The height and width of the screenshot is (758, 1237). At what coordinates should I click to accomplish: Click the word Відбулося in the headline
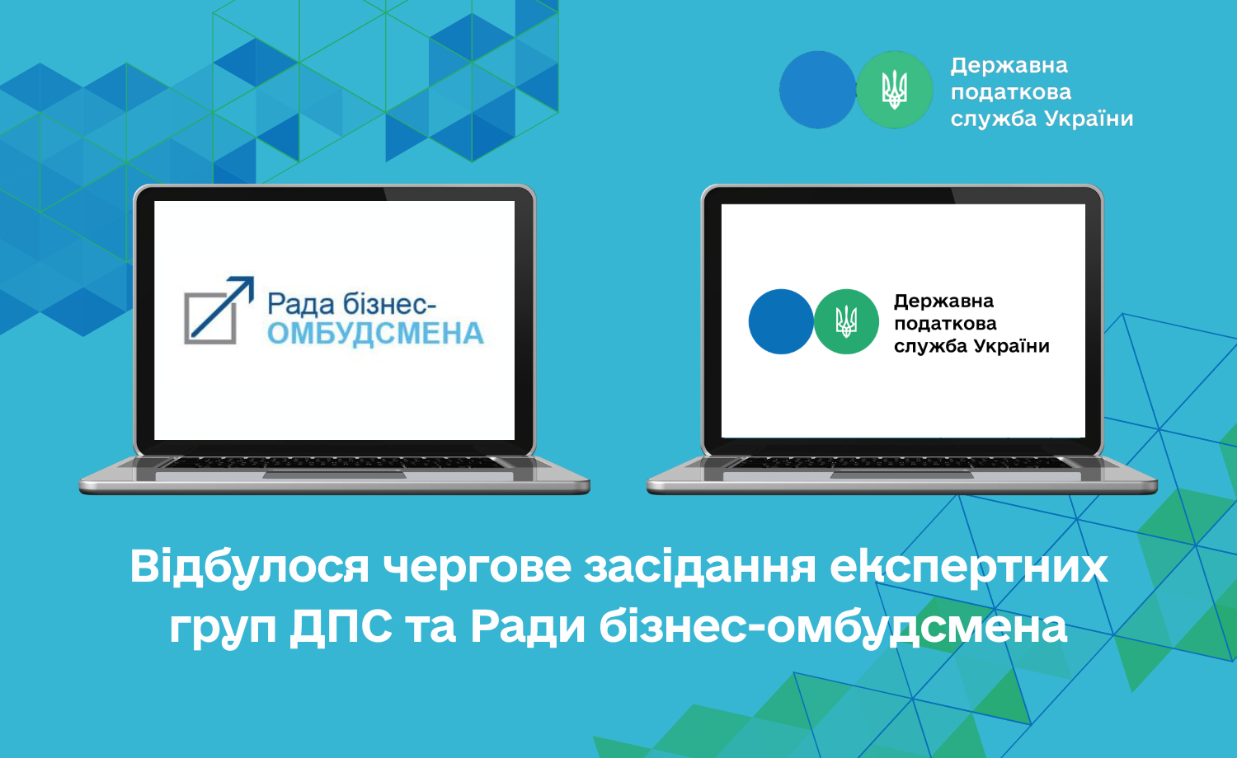pos(249,568)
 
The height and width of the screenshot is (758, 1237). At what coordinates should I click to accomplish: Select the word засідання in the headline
pos(700,568)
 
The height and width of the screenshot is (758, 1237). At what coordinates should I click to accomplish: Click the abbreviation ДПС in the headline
pos(341,628)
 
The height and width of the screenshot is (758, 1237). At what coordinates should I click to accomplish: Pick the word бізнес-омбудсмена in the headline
pos(833,628)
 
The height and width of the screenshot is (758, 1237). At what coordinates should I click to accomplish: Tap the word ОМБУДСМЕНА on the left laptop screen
pos(375,335)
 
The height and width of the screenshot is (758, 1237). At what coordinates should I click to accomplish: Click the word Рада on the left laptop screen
pos(301,304)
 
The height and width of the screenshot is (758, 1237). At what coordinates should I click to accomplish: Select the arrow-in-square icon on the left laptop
pos(219,310)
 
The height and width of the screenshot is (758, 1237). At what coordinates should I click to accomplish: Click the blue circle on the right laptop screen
pos(781,321)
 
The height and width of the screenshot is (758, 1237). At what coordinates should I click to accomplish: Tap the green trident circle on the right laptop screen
pos(846,321)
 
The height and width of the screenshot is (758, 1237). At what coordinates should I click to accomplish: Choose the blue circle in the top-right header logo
pos(817,90)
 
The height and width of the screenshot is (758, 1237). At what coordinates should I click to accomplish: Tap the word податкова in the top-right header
pos(1010,92)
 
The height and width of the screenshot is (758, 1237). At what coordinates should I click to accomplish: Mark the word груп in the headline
pos(223,630)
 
